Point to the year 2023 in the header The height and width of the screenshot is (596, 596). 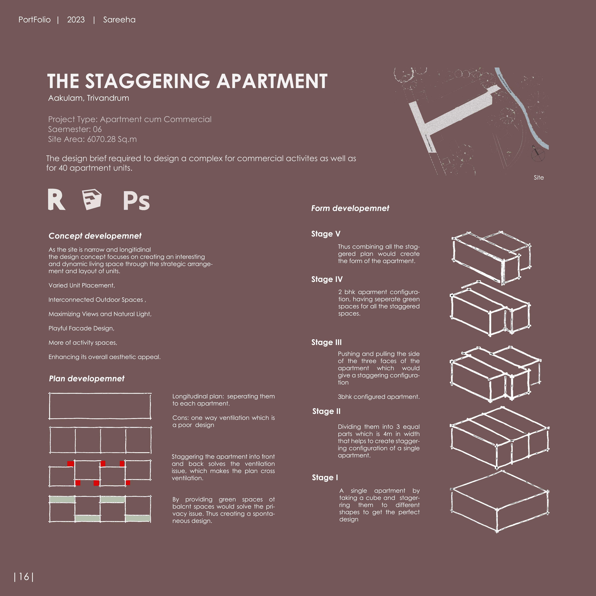(76, 20)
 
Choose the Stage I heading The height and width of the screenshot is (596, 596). (325, 478)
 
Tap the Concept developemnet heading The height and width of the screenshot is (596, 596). (95, 236)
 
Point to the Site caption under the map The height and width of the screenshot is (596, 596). (539, 178)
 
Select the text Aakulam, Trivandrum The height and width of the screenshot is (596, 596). (89, 98)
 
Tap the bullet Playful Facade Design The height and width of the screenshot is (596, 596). (82, 328)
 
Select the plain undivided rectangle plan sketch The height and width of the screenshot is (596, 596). (100, 406)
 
